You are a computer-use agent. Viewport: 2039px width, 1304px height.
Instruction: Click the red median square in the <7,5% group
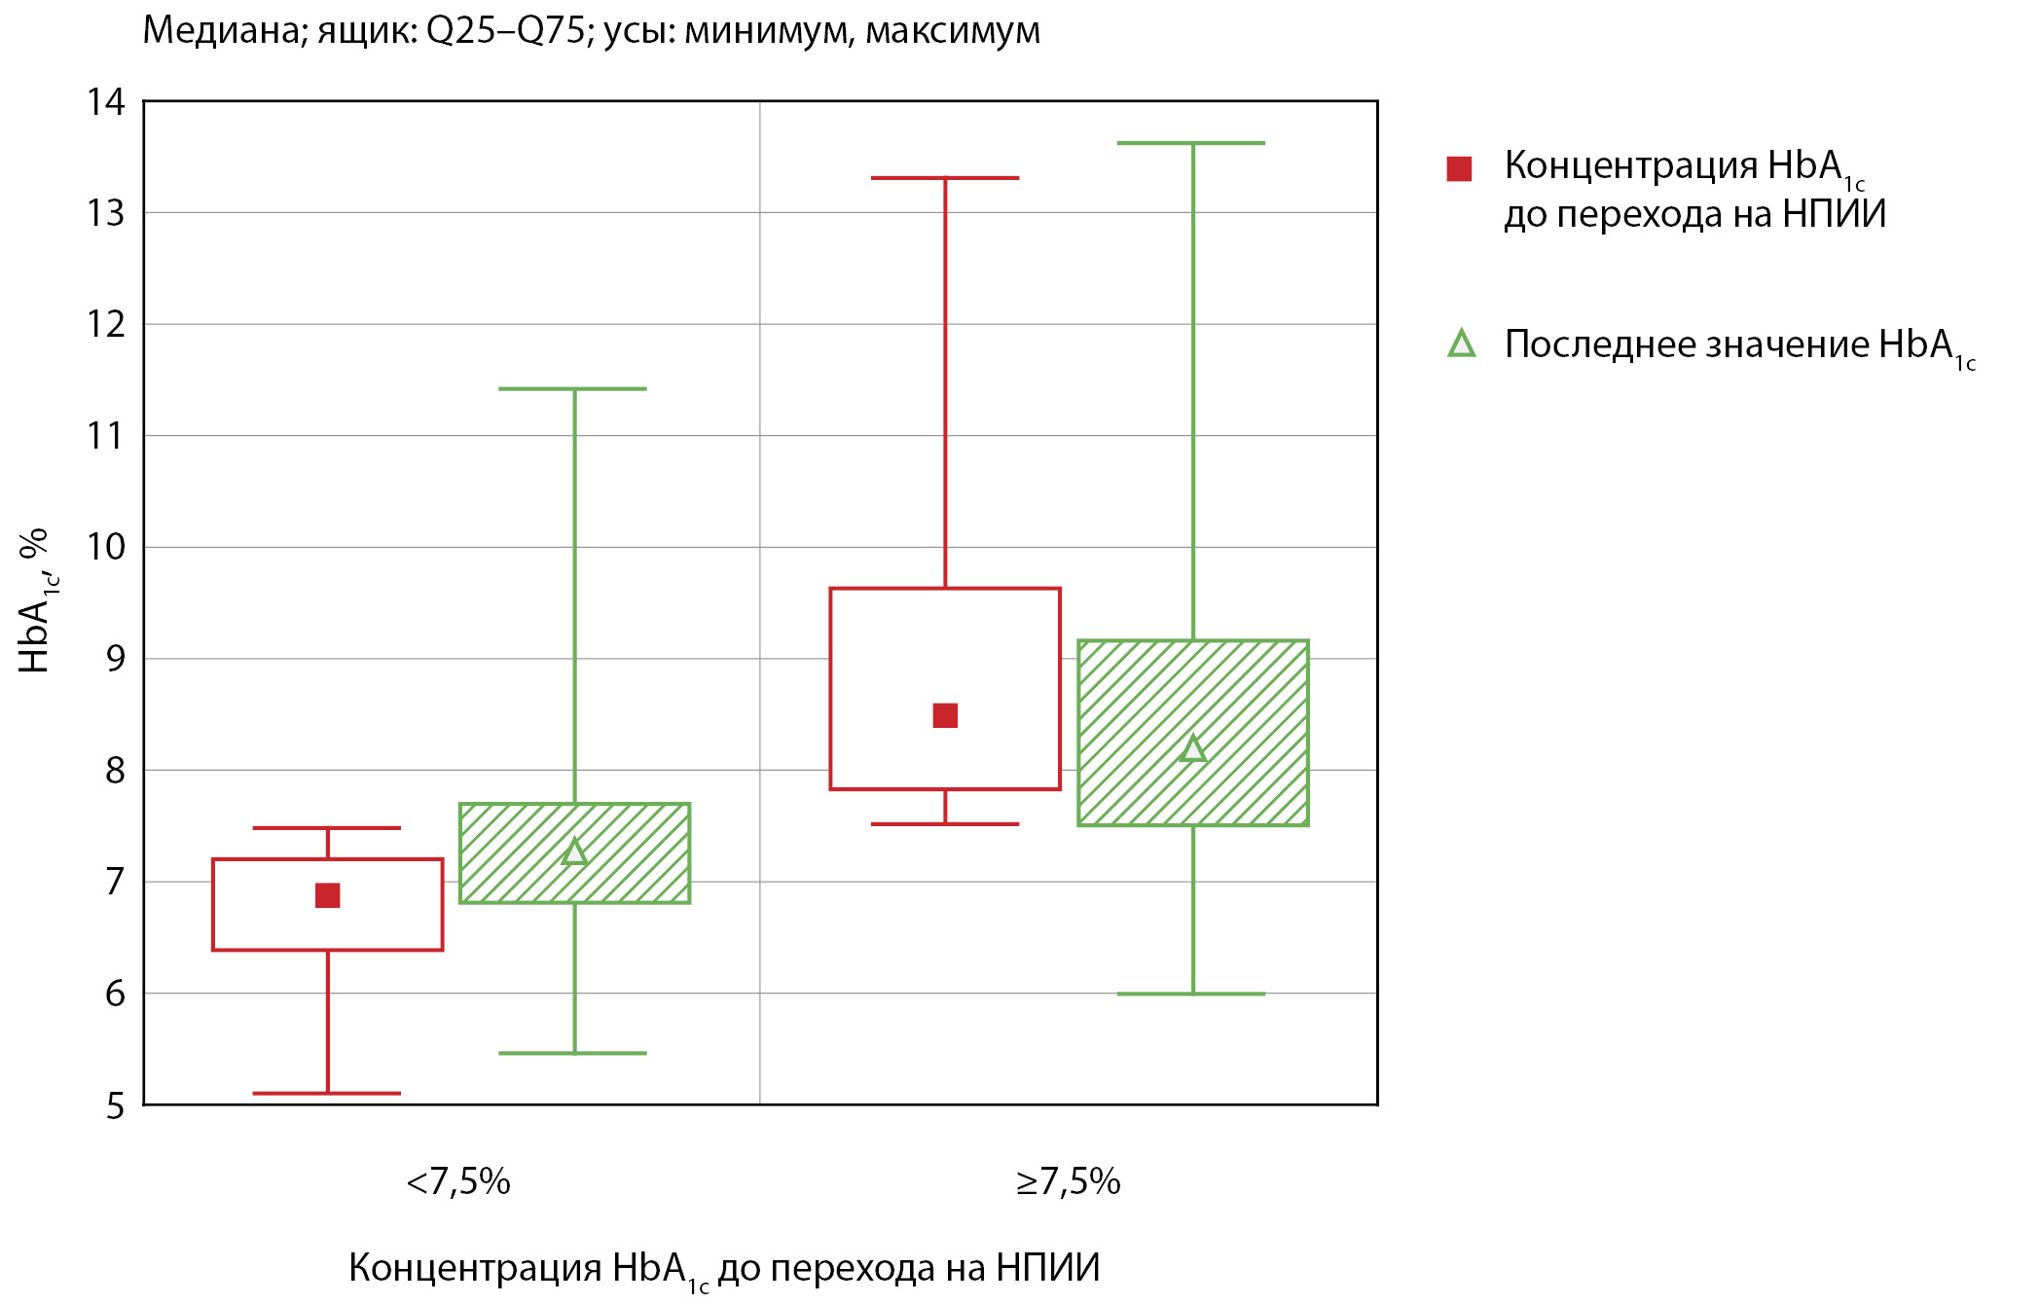pyautogui.click(x=328, y=895)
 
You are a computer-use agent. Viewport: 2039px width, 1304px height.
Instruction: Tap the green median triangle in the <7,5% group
pyautogui.click(x=574, y=852)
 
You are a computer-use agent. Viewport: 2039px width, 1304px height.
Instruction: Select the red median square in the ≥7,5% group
pyautogui.click(x=945, y=715)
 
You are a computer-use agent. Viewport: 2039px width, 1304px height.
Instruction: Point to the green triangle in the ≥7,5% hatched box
pyautogui.click(x=1192, y=748)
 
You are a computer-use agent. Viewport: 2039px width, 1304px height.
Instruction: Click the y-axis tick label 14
pyautogui.click(x=106, y=101)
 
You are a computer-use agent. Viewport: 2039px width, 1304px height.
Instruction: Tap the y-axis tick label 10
pyautogui.click(x=106, y=547)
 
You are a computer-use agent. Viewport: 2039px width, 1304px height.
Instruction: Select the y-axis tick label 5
pyautogui.click(x=116, y=1106)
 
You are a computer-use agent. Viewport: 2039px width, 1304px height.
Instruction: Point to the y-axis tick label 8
pyautogui.click(x=116, y=771)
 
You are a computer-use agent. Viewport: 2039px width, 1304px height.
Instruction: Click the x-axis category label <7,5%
pyautogui.click(x=458, y=1181)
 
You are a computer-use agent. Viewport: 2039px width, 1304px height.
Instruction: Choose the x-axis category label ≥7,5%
pyautogui.click(x=1068, y=1181)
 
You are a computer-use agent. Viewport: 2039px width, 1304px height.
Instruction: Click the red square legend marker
pyautogui.click(x=1459, y=168)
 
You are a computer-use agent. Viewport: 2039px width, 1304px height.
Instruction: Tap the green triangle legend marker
pyautogui.click(x=1461, y=344)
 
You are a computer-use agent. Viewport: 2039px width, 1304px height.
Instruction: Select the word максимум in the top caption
pyautogui.click(x=953, y=31)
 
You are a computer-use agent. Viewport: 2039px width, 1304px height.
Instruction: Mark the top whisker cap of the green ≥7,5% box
pyautogui.click(x=1191, y=143)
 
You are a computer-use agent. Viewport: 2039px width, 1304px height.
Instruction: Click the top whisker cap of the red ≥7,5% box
pyautogui.click(x=945, y=178)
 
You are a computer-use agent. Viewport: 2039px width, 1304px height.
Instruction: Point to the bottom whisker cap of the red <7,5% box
pyautogui.click(x=327, y=1093)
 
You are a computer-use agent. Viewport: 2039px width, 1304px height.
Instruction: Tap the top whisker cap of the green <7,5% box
pyautogui.click(x=573, y=389)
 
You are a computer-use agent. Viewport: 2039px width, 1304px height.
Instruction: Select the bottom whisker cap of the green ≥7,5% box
pyautogui.click(x=1191, y=994)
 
